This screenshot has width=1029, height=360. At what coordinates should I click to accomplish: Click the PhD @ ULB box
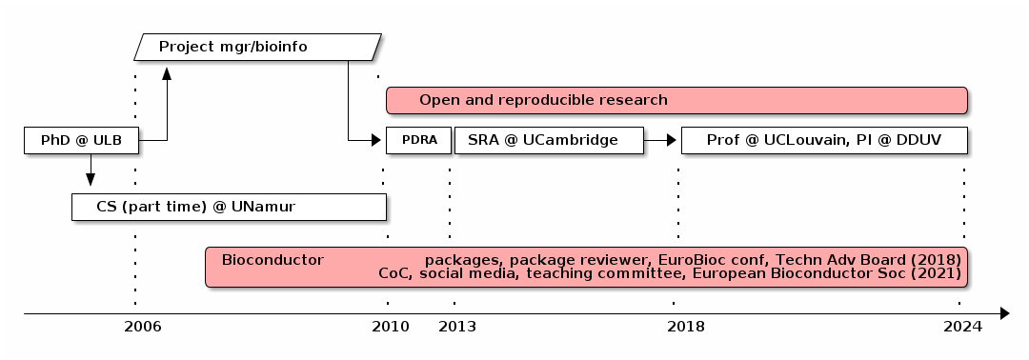81,141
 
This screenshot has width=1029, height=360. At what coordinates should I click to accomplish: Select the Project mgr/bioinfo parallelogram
257,47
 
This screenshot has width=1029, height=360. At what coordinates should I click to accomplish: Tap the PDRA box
418,141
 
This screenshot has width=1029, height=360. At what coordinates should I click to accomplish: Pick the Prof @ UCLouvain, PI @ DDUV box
824,141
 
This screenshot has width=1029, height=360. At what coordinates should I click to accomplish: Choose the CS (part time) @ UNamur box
229,207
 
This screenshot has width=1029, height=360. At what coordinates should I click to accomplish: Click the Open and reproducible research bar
676,100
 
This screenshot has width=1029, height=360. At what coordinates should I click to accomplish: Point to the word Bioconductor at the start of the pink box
272,259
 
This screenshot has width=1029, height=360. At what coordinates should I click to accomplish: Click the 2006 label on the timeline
143,327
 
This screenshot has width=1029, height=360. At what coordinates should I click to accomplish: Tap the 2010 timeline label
391,327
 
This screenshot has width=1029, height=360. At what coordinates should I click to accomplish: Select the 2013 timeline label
457,327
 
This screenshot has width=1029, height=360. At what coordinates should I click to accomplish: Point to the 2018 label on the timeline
686,327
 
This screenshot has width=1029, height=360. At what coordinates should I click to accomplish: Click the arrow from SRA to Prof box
660,141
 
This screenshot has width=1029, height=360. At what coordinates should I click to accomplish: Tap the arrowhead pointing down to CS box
91,179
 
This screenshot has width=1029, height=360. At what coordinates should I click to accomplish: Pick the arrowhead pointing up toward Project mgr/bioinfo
167,73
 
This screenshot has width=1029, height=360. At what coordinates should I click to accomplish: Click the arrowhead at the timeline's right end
1004,312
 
